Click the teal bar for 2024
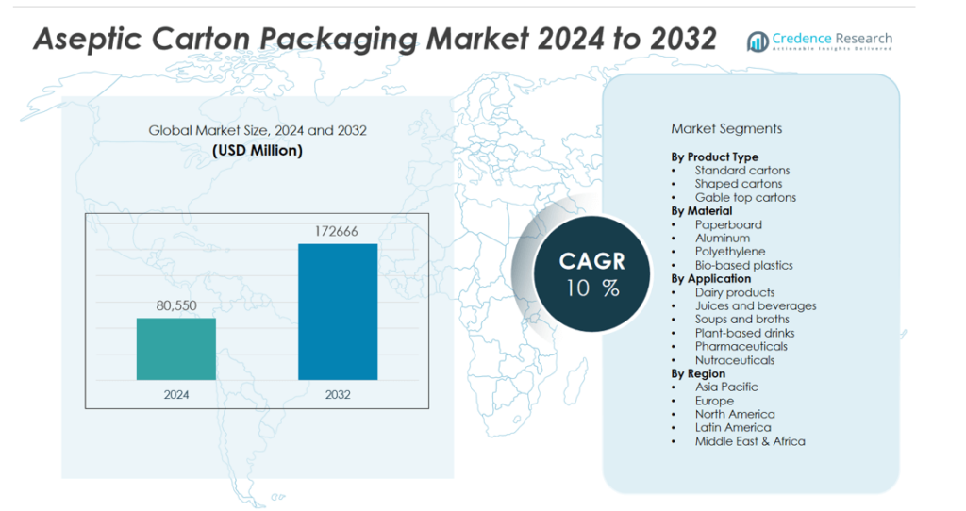pos(176,349)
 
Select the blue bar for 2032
pos(338,312)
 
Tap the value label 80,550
pos(176,305)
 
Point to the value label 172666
pos(338,232)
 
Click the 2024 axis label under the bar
pos(176,394)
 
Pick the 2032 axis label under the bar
pos(338,394)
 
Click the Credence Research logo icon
pos(758,41)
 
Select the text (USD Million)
pos(258,150)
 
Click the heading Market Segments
pos(726,128)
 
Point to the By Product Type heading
pos(714,157)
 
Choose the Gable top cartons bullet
pos(745,197)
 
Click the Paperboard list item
pos(728,224)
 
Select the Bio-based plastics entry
pos(743,265)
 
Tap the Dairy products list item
pos(735,292)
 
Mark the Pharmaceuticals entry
pos(741,346)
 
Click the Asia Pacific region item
pos(726,387)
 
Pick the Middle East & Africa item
pos(750,441)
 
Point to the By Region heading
pos(698,373)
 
